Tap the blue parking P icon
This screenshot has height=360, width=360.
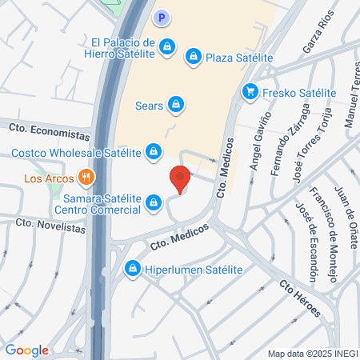[x=162, y=17]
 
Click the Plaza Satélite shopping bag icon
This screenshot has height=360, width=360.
[x=193, y=57]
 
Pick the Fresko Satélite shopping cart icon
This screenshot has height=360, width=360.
[x=250, y=92]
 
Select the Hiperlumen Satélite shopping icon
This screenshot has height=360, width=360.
[x=132, y=270]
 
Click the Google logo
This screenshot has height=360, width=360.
[x=26, y=350]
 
